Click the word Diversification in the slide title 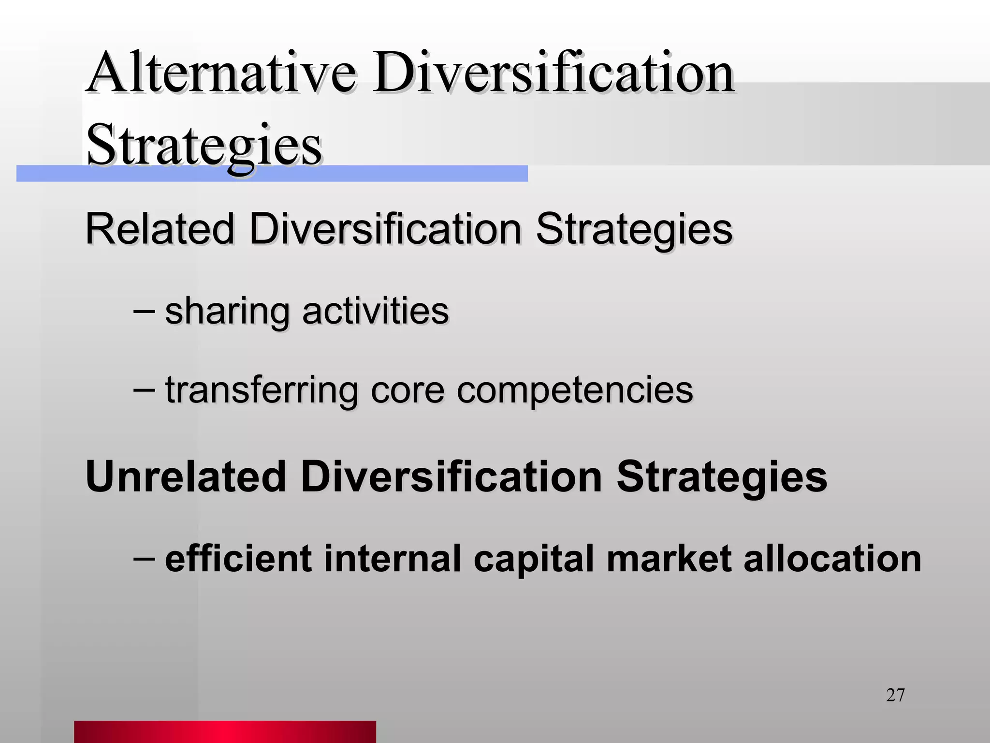[553, 74]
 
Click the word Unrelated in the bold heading [186, 477]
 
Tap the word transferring [261, 390]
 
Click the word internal [392, 558]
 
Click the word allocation [832, 558]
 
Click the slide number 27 [895, 696]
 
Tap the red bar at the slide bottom [225, 731]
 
